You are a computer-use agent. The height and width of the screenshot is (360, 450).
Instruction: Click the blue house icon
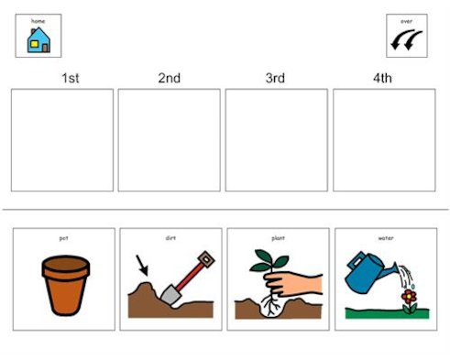pos(38,40)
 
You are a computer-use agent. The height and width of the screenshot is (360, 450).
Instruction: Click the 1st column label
pos(70,78)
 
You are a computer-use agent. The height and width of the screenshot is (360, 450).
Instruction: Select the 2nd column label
pos(169,78)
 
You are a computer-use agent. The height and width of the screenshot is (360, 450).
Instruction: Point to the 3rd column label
pos(276,78)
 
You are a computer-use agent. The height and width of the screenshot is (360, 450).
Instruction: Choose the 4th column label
pos(382,78)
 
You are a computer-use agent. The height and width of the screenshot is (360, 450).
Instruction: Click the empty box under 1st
pos(62,140)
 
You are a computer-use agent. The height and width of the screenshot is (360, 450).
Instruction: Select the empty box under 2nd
pos(169,140)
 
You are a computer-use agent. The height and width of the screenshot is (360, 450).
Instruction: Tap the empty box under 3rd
pos(276,140)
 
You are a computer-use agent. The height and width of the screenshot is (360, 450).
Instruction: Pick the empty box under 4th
pos(383,140)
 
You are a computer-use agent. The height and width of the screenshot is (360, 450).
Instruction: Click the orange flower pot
pos(66,285)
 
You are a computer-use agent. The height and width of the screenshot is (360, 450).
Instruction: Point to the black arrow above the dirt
pos(142,267)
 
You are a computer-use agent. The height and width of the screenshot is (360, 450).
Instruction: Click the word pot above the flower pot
pos(63,238)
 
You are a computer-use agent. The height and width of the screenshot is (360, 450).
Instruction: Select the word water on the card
pos(385,238)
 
